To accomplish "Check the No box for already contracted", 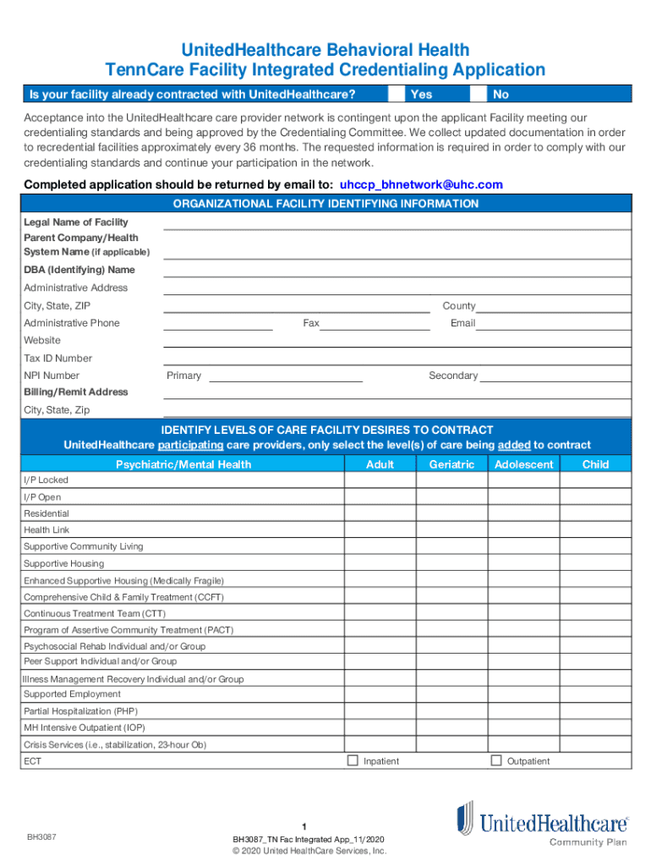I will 479,94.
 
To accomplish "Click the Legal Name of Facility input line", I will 397,223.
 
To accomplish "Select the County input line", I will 554,307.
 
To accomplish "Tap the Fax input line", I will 375,324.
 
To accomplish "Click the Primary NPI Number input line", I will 285,376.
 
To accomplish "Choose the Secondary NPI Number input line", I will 555,376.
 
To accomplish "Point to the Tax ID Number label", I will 57,359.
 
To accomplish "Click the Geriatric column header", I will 451,464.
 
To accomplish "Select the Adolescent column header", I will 523,464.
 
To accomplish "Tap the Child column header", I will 595,464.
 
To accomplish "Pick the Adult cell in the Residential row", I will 380,513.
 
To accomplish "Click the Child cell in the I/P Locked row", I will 595,480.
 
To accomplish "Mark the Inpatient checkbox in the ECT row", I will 353,760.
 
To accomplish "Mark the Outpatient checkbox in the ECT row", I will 496,760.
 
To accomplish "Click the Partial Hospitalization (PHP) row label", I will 80,711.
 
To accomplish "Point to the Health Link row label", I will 46,530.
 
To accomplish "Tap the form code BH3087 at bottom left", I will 40,837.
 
